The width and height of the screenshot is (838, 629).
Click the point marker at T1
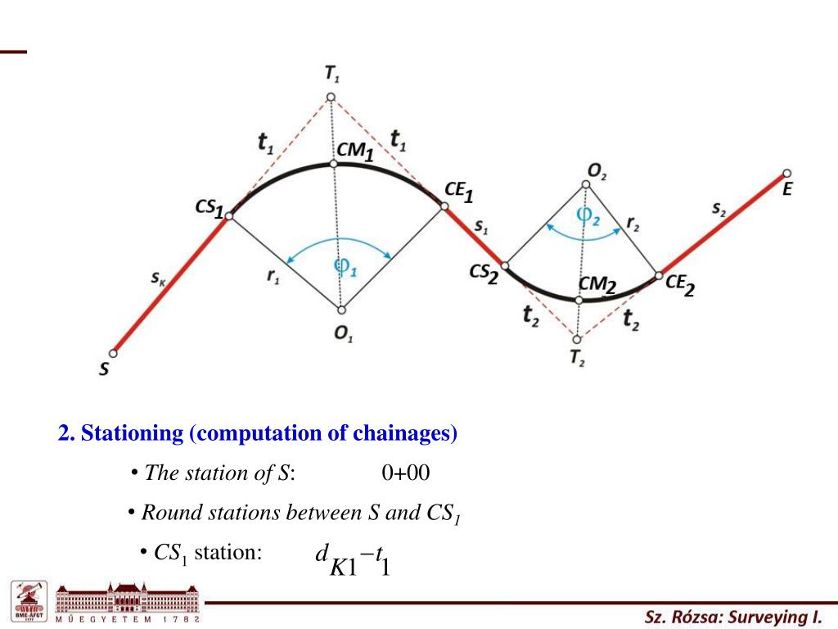(331, 97)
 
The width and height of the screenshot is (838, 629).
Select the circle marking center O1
(341, 310)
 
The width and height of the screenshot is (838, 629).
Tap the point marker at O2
(586, 185)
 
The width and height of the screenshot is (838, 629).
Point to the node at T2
(577, 339)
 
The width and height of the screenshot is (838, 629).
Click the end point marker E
(786, 173)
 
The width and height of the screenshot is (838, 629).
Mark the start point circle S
(113, 354)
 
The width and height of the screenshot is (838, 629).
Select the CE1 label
(458, 191)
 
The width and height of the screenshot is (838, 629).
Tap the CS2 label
(484, 274)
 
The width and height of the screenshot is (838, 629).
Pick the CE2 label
(680, 284)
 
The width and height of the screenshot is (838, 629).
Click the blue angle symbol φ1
(345, 266)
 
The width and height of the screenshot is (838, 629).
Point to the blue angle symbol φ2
(588, 215)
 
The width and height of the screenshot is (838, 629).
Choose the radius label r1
(273, 277)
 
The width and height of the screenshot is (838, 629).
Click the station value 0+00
(405, 473)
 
